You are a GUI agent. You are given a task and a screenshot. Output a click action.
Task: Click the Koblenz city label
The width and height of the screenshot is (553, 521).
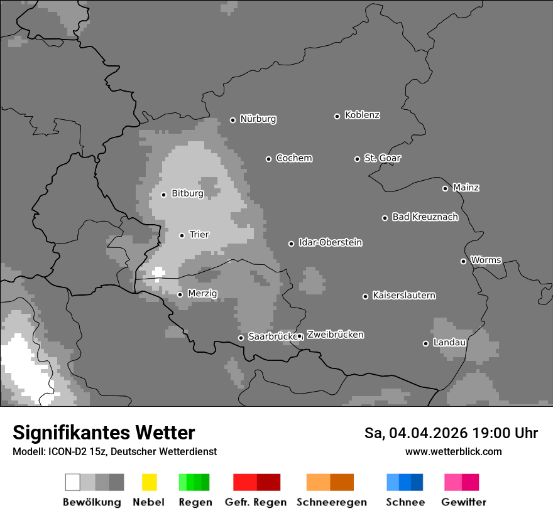(x=362, y=115)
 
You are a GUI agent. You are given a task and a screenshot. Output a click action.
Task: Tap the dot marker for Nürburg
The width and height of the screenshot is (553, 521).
(x=233, y=120)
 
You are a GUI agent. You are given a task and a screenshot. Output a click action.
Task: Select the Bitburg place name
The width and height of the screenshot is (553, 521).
(x=187, y=193)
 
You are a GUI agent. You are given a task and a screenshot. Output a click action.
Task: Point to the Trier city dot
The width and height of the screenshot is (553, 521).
(x=182, y=235)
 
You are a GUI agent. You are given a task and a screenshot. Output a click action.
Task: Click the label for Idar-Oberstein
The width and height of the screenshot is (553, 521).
(x=330, y=242)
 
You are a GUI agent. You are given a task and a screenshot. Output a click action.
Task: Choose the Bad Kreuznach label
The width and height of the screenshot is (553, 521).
(x=425, y=217)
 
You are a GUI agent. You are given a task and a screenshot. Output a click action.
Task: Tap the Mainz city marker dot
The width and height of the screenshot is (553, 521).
(x=445, y=188)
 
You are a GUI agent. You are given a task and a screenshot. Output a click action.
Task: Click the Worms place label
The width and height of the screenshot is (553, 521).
(x=486, y=260)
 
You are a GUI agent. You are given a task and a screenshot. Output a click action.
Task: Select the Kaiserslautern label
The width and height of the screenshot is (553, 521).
(x=403, y=295)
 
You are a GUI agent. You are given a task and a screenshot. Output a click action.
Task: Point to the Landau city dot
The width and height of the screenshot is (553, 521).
(x=425, y=343)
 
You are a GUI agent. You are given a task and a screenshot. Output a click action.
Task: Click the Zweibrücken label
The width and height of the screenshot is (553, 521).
(x=335, y=335)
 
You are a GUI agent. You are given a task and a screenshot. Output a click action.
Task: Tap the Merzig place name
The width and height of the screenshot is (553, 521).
(x=202, y=293)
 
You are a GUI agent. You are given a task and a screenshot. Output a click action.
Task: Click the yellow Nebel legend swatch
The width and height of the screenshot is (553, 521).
(x=149, y=482)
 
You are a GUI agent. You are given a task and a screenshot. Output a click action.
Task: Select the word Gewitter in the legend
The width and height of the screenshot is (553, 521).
(x=463, y=502)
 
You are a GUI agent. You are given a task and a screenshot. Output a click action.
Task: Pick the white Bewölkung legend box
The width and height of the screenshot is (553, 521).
(x=73, y=482)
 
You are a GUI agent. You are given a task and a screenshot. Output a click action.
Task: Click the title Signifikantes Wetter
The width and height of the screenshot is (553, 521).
(x=104, y=432)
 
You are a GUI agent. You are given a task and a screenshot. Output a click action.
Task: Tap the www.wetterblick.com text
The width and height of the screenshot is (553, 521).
(x=453, y=451)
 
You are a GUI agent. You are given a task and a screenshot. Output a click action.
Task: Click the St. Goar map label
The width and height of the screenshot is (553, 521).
(x=382, y=158)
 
